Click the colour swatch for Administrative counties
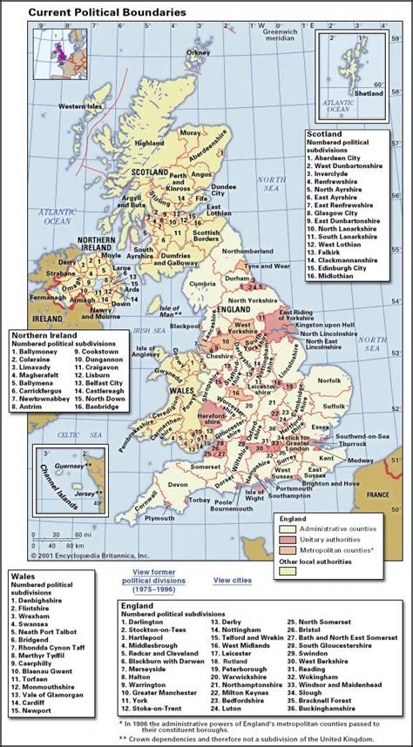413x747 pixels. pyautogui.click(x=286, y=528)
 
